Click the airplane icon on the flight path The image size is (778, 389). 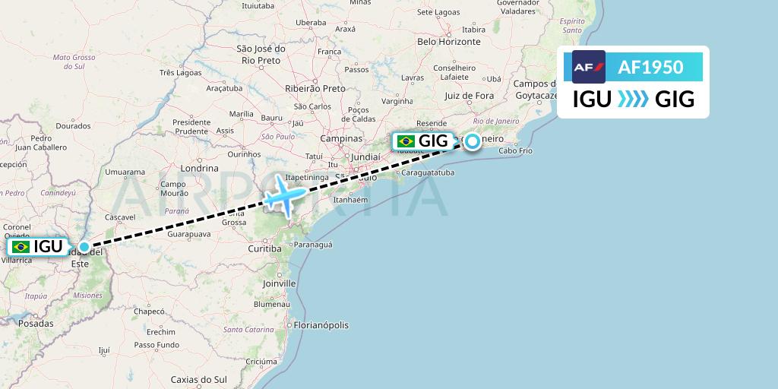tap(284, 195)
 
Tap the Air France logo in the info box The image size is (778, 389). tap(589, 67)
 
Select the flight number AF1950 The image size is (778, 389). tap(650, 68)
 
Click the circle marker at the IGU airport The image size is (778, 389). tap(84, 247)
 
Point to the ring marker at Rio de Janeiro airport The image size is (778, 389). tap(473, 141)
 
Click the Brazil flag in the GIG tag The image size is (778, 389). tap(406, 141)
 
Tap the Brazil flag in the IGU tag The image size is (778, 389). tap(21, 247)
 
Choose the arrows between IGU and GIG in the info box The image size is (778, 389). tap(633, 99)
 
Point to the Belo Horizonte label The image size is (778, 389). tap(449, 42)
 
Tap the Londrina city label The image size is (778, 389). tap(200, 168)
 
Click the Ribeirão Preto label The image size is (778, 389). tap(315, 88)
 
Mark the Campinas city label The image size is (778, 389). tap(341, 139)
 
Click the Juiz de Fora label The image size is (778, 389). tap(469, 96)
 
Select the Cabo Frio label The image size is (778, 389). tap(516, 150)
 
